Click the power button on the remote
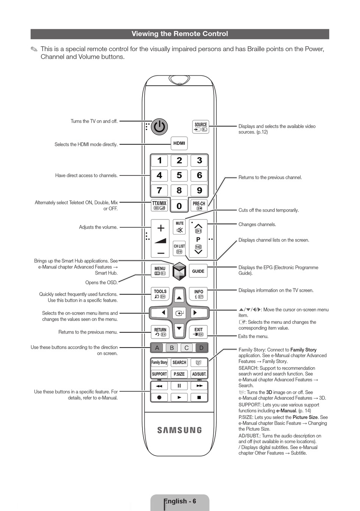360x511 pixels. (160, 127)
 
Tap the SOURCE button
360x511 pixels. (200, 127)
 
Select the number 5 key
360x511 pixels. (179, 175)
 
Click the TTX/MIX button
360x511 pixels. (160, 205)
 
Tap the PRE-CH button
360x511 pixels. (199, 205)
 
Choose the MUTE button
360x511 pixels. (179, 227)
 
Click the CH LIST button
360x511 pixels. (179, 248)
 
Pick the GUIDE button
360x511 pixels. (198, 271)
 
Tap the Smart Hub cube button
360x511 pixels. (179, 271)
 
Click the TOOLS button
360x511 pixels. (160, 294)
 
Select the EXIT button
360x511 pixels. (198, 332)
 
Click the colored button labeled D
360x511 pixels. (201, 348)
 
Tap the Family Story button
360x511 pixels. (160, 362)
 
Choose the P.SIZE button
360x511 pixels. (179, 374)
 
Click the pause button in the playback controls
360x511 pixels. (179, 386)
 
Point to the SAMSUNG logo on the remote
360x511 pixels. (179, 430)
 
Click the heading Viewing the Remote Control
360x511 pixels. (180, 34)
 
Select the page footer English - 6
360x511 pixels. (180, 501)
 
